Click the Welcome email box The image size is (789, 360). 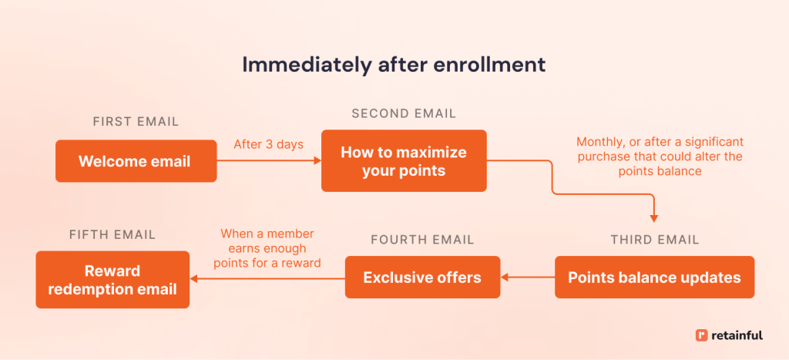tap(136, 161)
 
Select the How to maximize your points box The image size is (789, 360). tap(404, 161)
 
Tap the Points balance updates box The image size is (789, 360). tap(654, 278)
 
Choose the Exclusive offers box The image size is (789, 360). tap(422, 278)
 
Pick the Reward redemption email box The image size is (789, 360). tap(112, 280)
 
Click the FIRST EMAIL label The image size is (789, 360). tap(136, 122)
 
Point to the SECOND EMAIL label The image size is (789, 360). tap(404, 114)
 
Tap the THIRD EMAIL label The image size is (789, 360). tap(655, 240)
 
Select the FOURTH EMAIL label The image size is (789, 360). tap(422, 240)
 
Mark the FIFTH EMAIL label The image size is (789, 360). tap(112, 234)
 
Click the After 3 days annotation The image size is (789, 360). tap(268, 144)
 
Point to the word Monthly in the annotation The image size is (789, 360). tap(601, 143)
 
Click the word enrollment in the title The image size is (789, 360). tap(496, 65)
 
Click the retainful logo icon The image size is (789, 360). tap(701, 335)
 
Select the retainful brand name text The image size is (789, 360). tap(737, 335)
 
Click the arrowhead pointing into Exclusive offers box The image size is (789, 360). tap(505, 278)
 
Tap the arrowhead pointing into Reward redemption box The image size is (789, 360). tap(196, 278)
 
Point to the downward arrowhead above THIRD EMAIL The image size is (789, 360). tap(653, 219)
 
